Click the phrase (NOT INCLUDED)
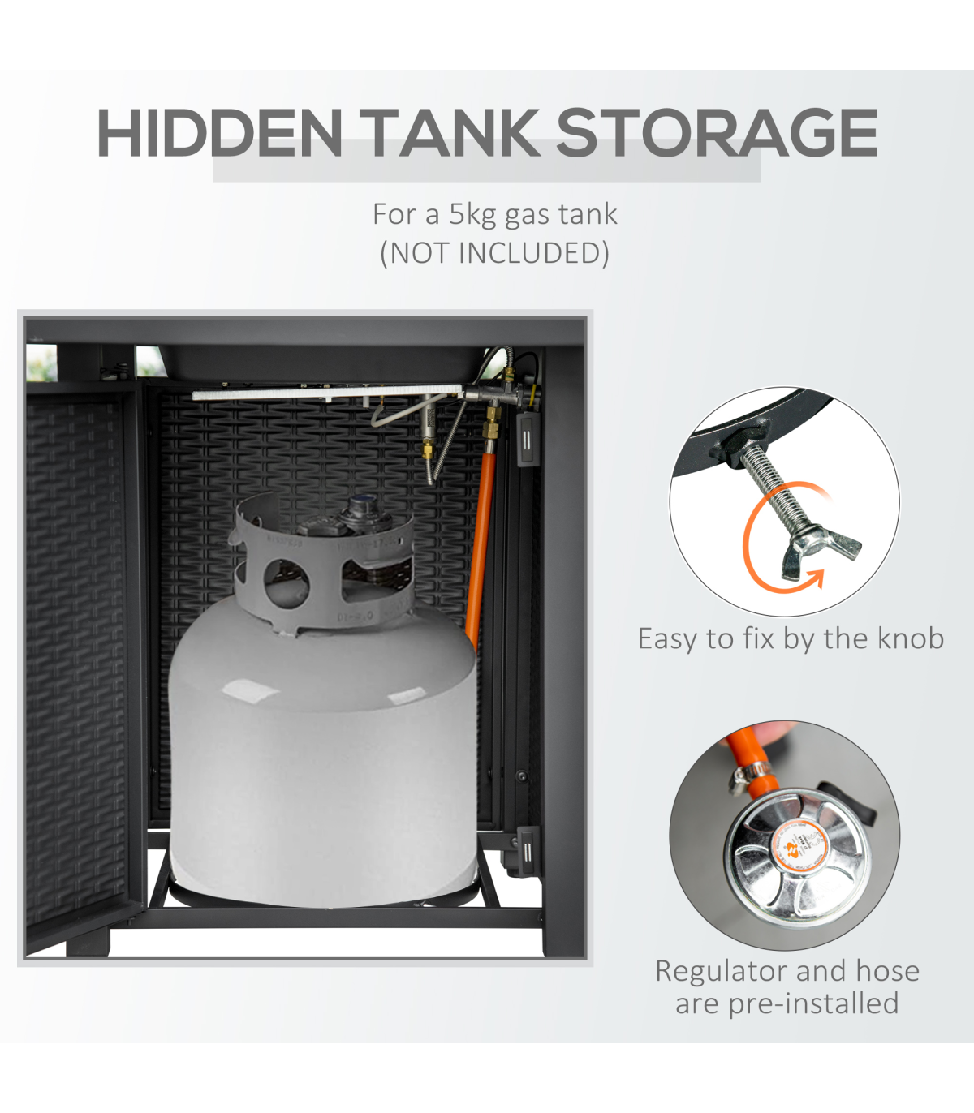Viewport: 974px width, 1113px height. coord(494,253)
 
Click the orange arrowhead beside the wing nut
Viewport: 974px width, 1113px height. coord(813,580)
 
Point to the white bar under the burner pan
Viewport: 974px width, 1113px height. coord(327,392)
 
